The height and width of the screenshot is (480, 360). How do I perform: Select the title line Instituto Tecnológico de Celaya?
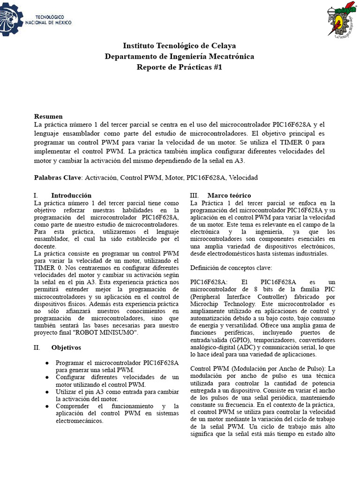[x=180, y=45]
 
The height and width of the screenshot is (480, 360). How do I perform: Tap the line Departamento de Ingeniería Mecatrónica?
[x=180, y=56]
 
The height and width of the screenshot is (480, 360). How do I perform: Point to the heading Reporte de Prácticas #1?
[x=180, y=67]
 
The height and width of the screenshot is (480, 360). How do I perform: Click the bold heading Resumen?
[x=48, y=116]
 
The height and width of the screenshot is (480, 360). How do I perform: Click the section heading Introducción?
[x=71, y=195]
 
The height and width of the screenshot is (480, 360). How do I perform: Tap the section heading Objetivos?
[x=66, y=347]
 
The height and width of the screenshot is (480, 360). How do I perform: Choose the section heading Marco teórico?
[x=229, y=195]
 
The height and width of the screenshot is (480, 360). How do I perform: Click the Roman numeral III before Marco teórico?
[x=195, y=195]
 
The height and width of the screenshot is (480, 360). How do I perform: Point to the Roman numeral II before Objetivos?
[x=37, y=347]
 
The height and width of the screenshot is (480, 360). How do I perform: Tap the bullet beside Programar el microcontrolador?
[x=47, y=363]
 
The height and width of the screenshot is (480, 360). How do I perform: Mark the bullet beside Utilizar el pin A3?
[x=47, y=391]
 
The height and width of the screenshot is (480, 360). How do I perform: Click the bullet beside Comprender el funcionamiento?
[x=47, y=406]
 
